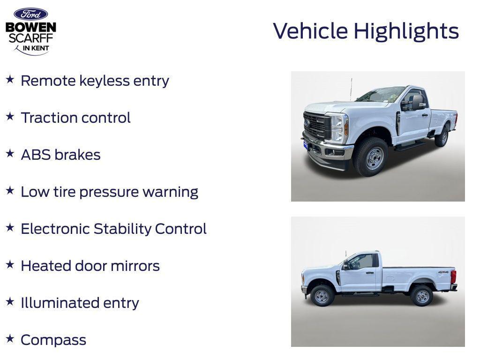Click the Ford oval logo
(30, 14)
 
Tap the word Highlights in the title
(406, 31)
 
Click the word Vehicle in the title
(310, 31)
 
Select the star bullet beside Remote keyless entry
(10, 80)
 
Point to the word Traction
(49, 118)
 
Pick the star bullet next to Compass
(10, 339)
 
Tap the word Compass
(53, 340)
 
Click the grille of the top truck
(317, 125)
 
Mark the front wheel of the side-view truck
(322, 295)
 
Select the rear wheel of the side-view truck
(421, 295)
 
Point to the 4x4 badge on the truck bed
(443, 272)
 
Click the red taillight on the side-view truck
(453, 277)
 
